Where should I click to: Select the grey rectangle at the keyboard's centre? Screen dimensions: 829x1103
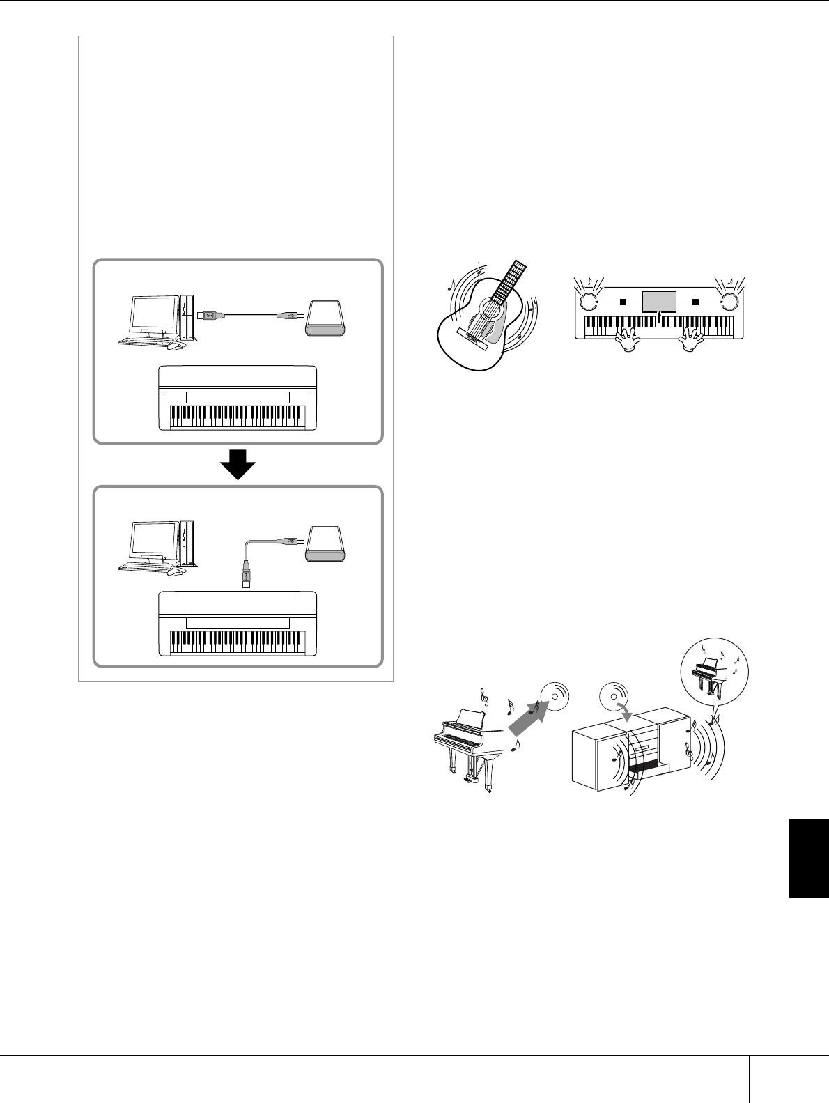coord(659,302)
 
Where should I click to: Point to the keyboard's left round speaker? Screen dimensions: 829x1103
coord(587,302)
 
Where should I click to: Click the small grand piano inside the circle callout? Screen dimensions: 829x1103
coord(714,672)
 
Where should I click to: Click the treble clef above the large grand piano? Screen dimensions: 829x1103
coord(482,694)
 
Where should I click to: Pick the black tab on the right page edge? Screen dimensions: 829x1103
coord(808,859)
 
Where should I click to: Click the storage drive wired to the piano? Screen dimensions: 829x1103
coord(325,543)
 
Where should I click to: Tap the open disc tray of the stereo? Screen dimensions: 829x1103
coord(648,769)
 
